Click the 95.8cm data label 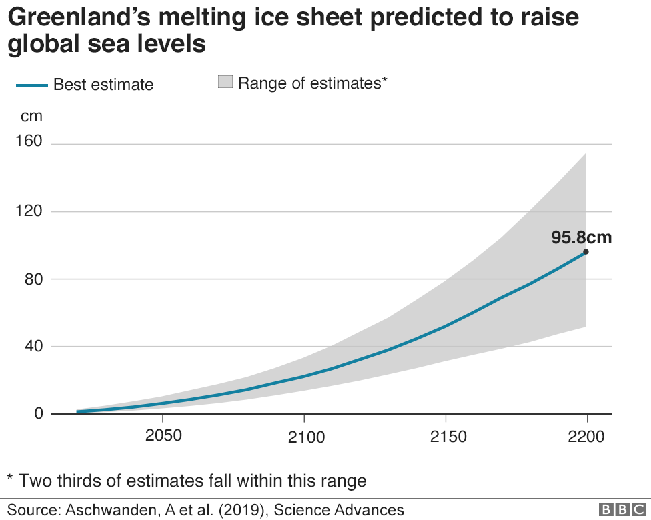[581, 237]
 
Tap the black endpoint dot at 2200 [586, 251]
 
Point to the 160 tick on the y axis [28, 141]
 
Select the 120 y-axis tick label [28, 211]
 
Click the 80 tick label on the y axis [33, 279]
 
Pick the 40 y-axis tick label [33, 346]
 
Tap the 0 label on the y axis [38, 413]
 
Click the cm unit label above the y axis [31, 117]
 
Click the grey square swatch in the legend [225, 83]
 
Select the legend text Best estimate [103, 85]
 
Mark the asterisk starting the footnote [10, 477]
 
